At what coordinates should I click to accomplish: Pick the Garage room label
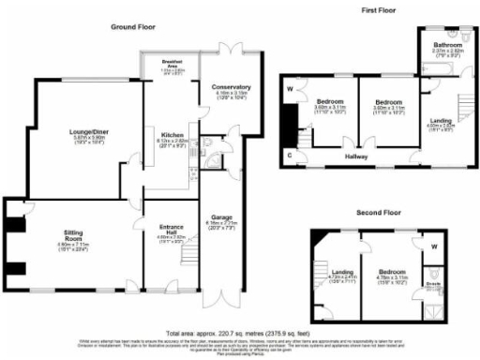(x=222, y=217)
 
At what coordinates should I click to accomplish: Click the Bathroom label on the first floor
(x=443, y=45)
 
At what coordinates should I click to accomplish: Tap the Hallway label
(x=355, y=157)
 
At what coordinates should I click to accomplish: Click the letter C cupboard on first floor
(x=290, y=153)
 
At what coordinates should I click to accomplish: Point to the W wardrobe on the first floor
(x=289, y=90)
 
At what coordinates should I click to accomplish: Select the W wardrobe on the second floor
(x=434, y=247)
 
